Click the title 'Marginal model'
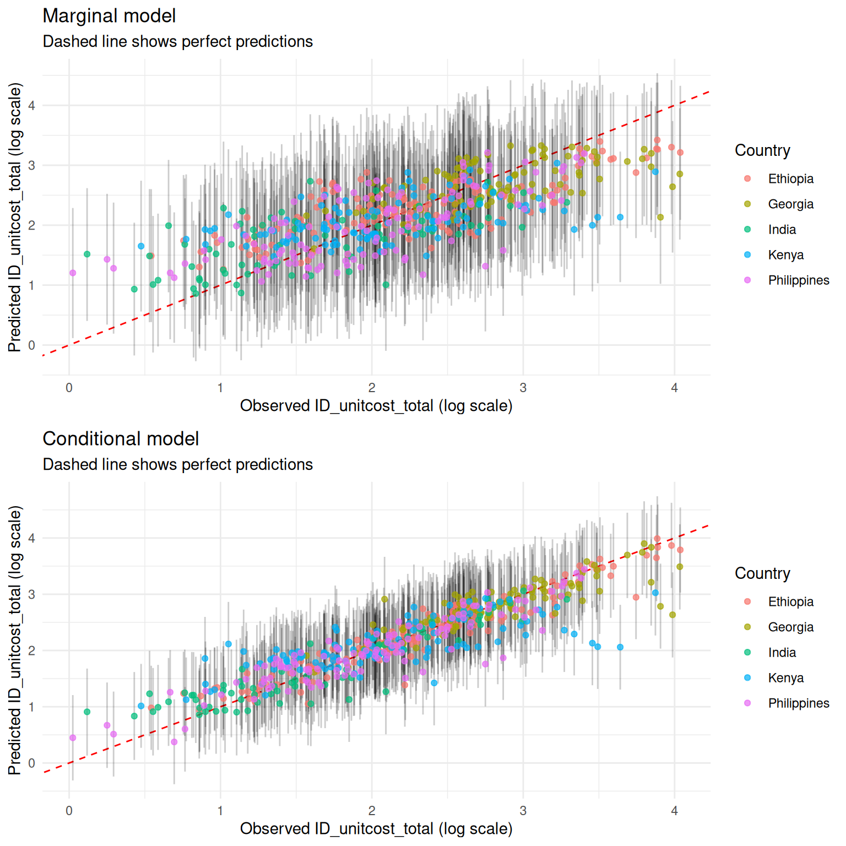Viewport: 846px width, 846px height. coord(109,16)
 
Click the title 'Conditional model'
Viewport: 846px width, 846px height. coord(121,439)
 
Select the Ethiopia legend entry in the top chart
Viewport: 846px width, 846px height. coord(790,179)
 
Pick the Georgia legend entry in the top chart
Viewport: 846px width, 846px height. coord(790,204)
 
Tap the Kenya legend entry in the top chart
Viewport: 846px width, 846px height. coord(785,255)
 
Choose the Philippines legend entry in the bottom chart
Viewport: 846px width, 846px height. coord(798,703)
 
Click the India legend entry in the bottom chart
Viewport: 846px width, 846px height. coord(782,653)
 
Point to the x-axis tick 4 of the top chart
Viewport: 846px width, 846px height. coord(674,388)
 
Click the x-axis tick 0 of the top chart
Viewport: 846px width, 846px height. coord(69,388)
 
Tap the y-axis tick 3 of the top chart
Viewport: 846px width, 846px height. coord(32,165)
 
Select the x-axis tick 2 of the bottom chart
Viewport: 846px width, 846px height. coord(372,811)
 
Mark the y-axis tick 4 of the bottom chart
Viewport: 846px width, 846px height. coord(32,538)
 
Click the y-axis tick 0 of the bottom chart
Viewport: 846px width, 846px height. coord(32,763)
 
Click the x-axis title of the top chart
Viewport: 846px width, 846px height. coord(376,406)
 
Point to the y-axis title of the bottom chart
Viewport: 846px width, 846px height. coord(15,640)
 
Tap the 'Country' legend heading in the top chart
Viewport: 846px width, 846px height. coord(762,150)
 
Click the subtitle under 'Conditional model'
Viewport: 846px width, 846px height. coord(177,465)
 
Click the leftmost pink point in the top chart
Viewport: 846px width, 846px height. coord(73,273)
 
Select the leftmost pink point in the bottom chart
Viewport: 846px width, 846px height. coord(73,738)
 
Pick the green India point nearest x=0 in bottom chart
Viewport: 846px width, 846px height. coord(87,712)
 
